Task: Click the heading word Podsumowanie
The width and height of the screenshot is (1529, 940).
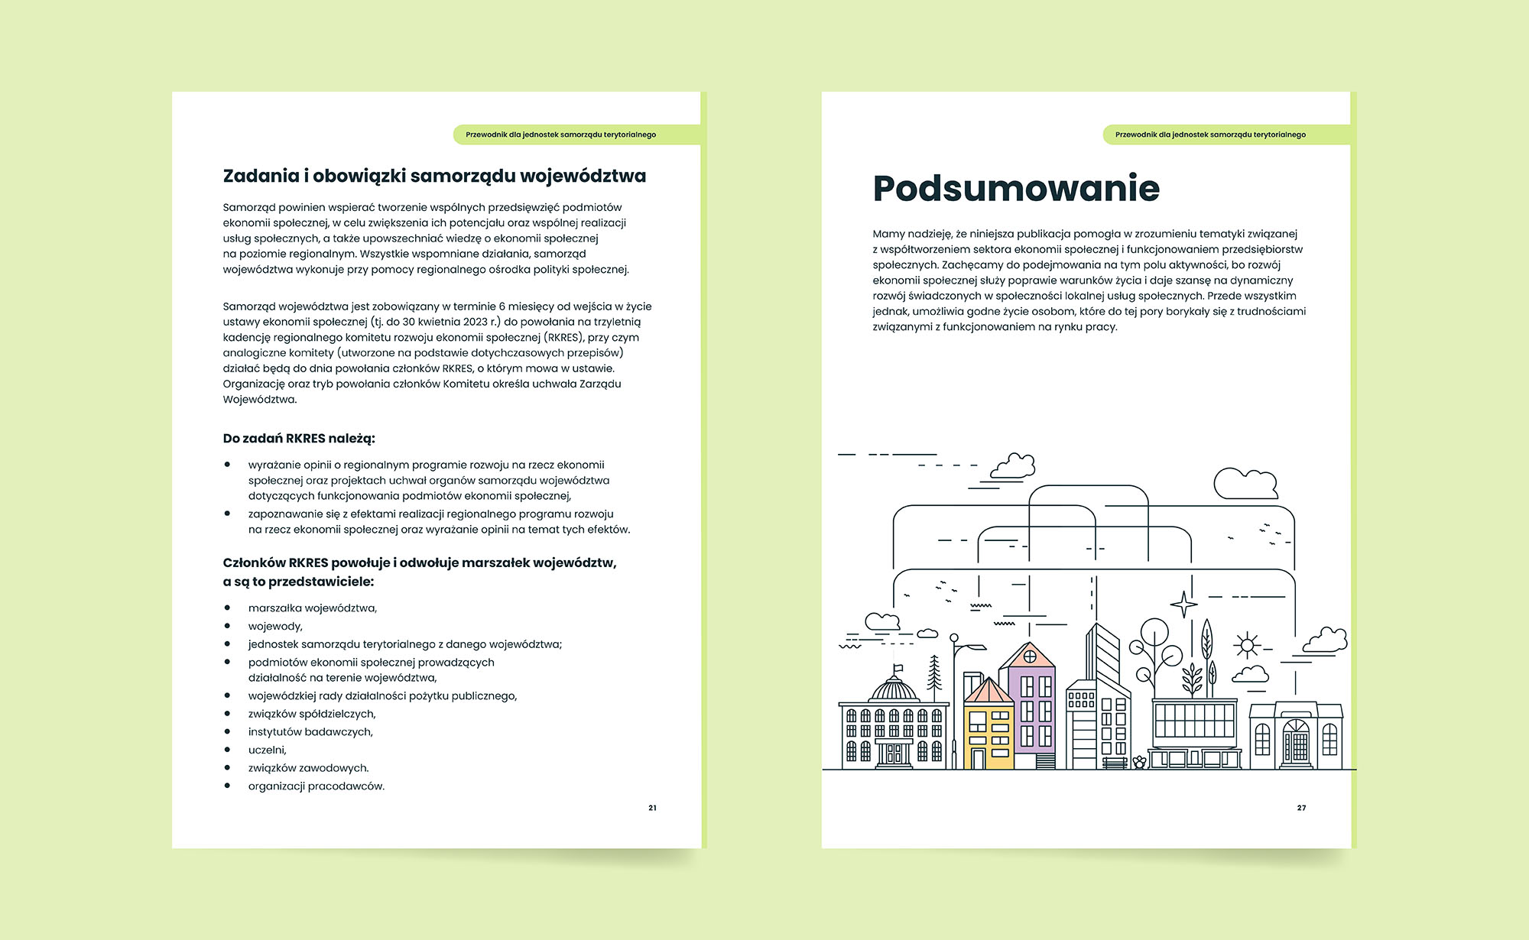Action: [x=1016, y=189]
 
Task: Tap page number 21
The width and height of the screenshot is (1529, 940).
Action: [x=652, y=808]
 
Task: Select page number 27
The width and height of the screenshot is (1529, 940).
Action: [x=1301, y=808]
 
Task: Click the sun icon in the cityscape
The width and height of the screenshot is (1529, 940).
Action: [x=1247, y=646]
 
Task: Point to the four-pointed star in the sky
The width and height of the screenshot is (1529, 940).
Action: [x=1183, y=605]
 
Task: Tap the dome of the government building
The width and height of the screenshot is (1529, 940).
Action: [x=894, y=690]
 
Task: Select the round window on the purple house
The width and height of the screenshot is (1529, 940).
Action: [x=1030, y=656]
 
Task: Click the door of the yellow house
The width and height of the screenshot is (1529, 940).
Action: [x=978, y=760]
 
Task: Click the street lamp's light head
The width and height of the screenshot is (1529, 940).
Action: [x=975, y=649]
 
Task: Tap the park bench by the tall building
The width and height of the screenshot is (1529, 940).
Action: [x=1115, y=763]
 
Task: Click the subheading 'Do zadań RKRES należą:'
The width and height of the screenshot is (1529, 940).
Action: [x=299, y=439]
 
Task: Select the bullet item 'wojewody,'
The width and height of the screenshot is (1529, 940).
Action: [x=275, y=627]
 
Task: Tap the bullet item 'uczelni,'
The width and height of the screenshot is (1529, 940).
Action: [x=267, y=750]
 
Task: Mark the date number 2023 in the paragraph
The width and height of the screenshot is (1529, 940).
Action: [x=476, y=322]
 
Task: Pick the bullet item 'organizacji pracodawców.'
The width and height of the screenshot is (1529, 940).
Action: [x=316, y=786]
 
